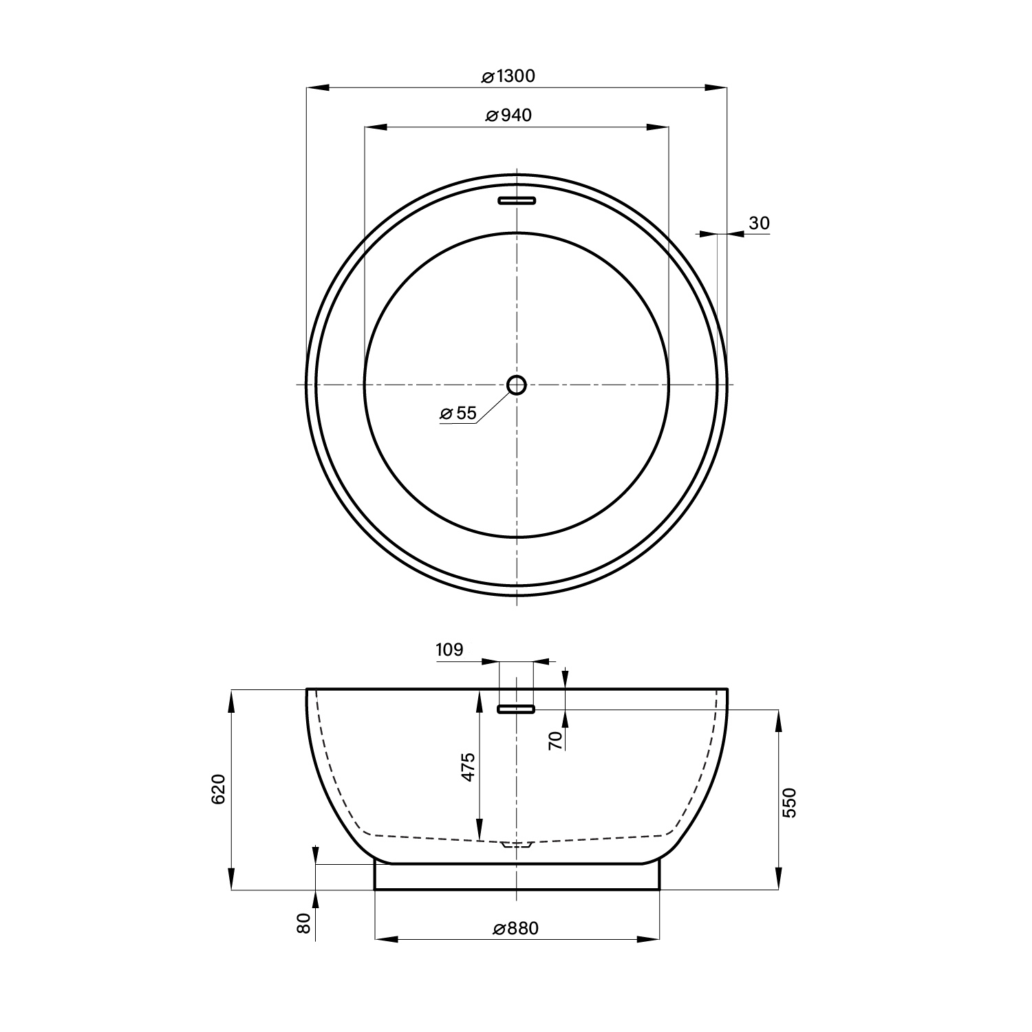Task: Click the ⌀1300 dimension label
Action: click(x=508, y=76)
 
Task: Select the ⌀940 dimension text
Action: click(x=508, y=116)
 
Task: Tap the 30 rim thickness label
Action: click(x=759, y=223)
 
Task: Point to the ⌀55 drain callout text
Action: click(x=458, y=413)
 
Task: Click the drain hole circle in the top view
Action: click(x=517, y=385)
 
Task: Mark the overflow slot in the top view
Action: click(x=517, y=200)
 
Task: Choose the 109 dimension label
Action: click(x=450, y=649)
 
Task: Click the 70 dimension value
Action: click(x=557, y=740)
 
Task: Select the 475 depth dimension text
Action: click(x=468, y=767)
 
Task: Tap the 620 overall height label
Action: click(x=218, y=789)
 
